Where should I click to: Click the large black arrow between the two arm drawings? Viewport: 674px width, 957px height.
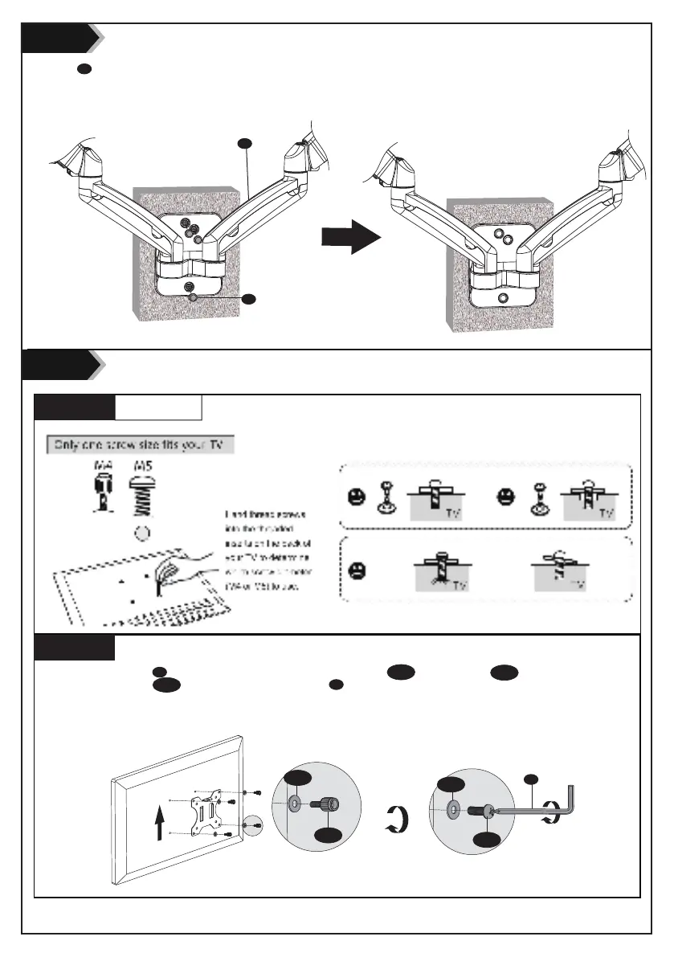pos(350,238)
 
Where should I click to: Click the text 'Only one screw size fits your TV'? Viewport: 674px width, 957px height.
pos(140,444)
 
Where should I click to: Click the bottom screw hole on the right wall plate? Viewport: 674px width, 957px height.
pos(503,297)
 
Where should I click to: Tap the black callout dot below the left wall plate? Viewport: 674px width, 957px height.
pos(249,299)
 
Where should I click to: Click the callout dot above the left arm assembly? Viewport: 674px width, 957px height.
pos(246,144)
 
